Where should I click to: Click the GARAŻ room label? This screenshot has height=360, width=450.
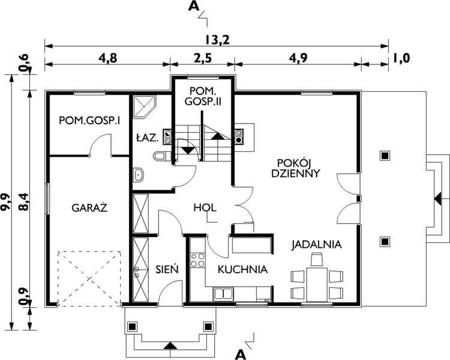[x=89, y=208]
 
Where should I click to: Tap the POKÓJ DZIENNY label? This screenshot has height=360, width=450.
[x=298, y=167]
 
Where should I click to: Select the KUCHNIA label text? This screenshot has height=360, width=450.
[x=242, y=269]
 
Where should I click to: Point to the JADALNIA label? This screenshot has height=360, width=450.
[x=317, y=245]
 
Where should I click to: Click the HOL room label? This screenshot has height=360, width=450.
[x=205, y=208]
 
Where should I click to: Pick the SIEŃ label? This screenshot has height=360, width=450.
[x=167, y=269]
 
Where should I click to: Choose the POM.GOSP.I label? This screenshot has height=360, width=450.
[x=89, y=121]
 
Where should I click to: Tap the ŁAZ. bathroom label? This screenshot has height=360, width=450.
[x=147, y=138]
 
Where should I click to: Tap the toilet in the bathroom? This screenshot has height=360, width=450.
[x=160, y=157]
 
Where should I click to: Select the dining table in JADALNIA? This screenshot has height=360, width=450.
[x=316, y=284]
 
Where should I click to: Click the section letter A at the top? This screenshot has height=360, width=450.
[x=193, y=7]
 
